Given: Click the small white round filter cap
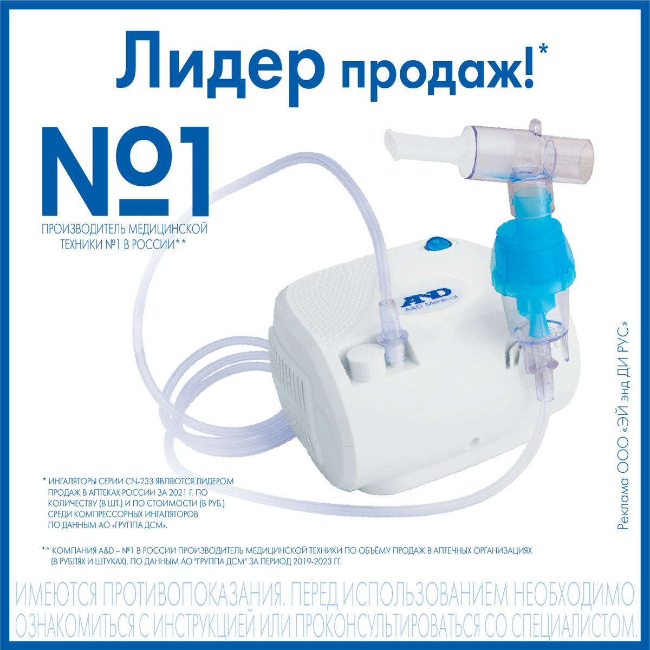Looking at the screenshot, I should coord(361,360).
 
